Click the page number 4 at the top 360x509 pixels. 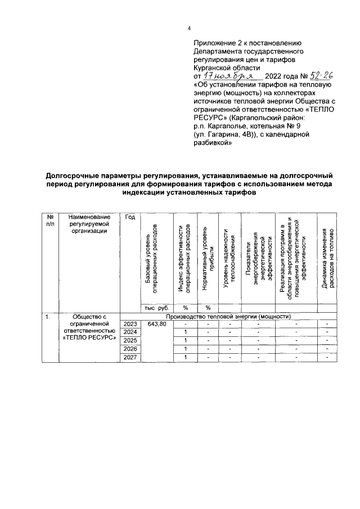coord(189,29)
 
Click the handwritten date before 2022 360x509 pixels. coord(229,75)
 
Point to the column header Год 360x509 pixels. coord(130,218)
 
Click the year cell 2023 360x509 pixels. coord(130,324)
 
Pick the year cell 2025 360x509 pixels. coord(130,341)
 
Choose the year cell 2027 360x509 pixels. coord(130,358)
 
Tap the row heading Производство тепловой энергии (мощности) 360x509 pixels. coord(228,316)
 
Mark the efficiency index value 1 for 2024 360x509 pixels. coord(185,332)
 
